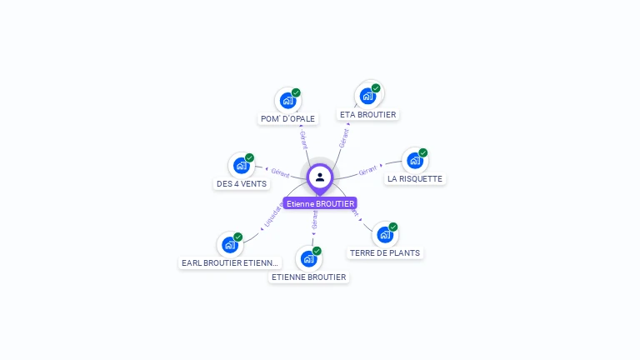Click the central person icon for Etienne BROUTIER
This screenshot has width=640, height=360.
(320, 177)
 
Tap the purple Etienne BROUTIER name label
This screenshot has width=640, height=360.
(320, 203)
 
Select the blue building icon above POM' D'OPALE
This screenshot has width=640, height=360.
(287, 101)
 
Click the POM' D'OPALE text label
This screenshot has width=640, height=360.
(287, 118)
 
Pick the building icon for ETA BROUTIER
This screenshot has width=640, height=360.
(367, 96)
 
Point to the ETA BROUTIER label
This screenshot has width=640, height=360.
(368, 114)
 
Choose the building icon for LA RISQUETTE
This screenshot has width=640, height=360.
(414, 161)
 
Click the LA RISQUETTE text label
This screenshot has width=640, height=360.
(415, 178)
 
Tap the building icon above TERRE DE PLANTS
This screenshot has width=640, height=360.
(384, 234)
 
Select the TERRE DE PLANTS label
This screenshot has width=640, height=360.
(385, 252)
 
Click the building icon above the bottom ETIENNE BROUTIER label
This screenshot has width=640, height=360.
(307, 258)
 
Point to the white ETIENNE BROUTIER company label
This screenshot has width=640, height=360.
(308, 277)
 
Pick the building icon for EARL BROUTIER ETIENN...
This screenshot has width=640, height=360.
(229, 245)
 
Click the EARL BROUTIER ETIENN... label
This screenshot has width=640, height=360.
(231, 262)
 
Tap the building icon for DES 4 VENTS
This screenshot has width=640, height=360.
(241, 165)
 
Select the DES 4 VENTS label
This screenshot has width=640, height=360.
(242, 183)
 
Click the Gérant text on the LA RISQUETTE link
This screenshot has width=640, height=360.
(367, 171)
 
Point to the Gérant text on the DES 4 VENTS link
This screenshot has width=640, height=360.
(280, 172)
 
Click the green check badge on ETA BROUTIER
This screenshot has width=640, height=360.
(376, 88)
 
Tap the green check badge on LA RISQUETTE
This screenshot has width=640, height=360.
(422, 153)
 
